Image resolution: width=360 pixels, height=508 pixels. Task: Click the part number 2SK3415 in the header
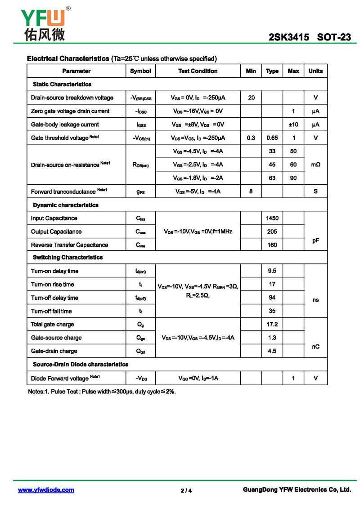click(x=288, y=38)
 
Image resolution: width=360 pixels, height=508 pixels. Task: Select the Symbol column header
click(x=140, y=71)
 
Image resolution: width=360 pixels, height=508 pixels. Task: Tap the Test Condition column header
click(x=198, y=71)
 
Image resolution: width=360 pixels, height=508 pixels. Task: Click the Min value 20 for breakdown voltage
click(x=251, y=98)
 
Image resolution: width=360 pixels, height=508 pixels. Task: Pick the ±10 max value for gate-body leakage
click(x=293, y=124)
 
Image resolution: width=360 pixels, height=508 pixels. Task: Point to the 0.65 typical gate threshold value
click(x=272, y=138)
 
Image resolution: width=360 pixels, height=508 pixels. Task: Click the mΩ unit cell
click(x=315, y=165)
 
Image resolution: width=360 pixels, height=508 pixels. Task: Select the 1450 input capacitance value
click(x=272, y=218)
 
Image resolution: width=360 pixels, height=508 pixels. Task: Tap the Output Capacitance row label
click(x=56, y=232)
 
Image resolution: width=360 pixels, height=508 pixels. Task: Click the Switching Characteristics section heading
click(x=67, y=258)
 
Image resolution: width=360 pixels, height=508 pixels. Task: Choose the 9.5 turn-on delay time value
click(x=272, y=271)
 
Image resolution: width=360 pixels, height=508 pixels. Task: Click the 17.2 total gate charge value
click(x=272, y=324)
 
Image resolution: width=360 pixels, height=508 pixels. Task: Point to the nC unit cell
click(x=315, y=347)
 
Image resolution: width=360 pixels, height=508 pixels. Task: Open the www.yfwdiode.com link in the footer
click(x=46, y=490)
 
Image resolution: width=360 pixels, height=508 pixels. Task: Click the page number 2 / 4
click(x=186, y=490)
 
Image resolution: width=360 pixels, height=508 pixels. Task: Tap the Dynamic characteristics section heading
click(x=66, y=205)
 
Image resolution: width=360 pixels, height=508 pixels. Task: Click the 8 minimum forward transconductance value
click(x=251, y=192)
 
